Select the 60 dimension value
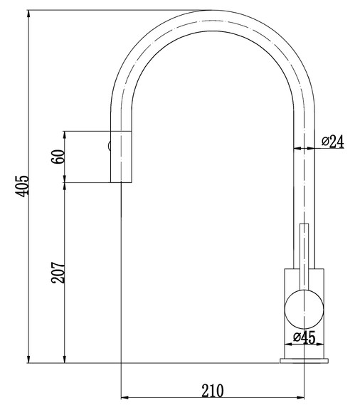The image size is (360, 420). (x=58, y=157)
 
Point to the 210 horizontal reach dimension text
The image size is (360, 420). (x=212, y=389)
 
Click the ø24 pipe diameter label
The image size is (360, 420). (x=332, y=142)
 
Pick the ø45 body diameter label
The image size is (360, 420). (x=305, y=338)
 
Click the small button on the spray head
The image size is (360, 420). (x=109, y=147)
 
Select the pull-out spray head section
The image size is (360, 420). (x=121, y=157)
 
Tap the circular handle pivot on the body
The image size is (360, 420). (x=305, y=310)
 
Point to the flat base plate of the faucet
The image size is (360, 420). (x=305, y=361)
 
